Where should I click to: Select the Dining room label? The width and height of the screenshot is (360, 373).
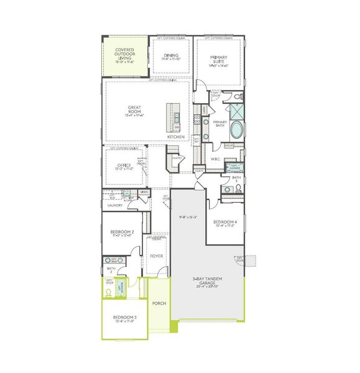(172, 57)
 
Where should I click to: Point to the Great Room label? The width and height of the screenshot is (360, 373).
(134, 110)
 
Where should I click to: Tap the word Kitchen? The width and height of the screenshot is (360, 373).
(175, 136)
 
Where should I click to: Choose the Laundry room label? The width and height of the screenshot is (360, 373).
(116, 204)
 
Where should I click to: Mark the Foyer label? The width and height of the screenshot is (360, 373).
(156, 256)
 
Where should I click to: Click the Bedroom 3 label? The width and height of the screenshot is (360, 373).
(125, 319)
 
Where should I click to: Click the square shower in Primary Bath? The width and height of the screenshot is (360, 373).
(237, 113)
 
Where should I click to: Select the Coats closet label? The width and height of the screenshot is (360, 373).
(200, 171)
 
